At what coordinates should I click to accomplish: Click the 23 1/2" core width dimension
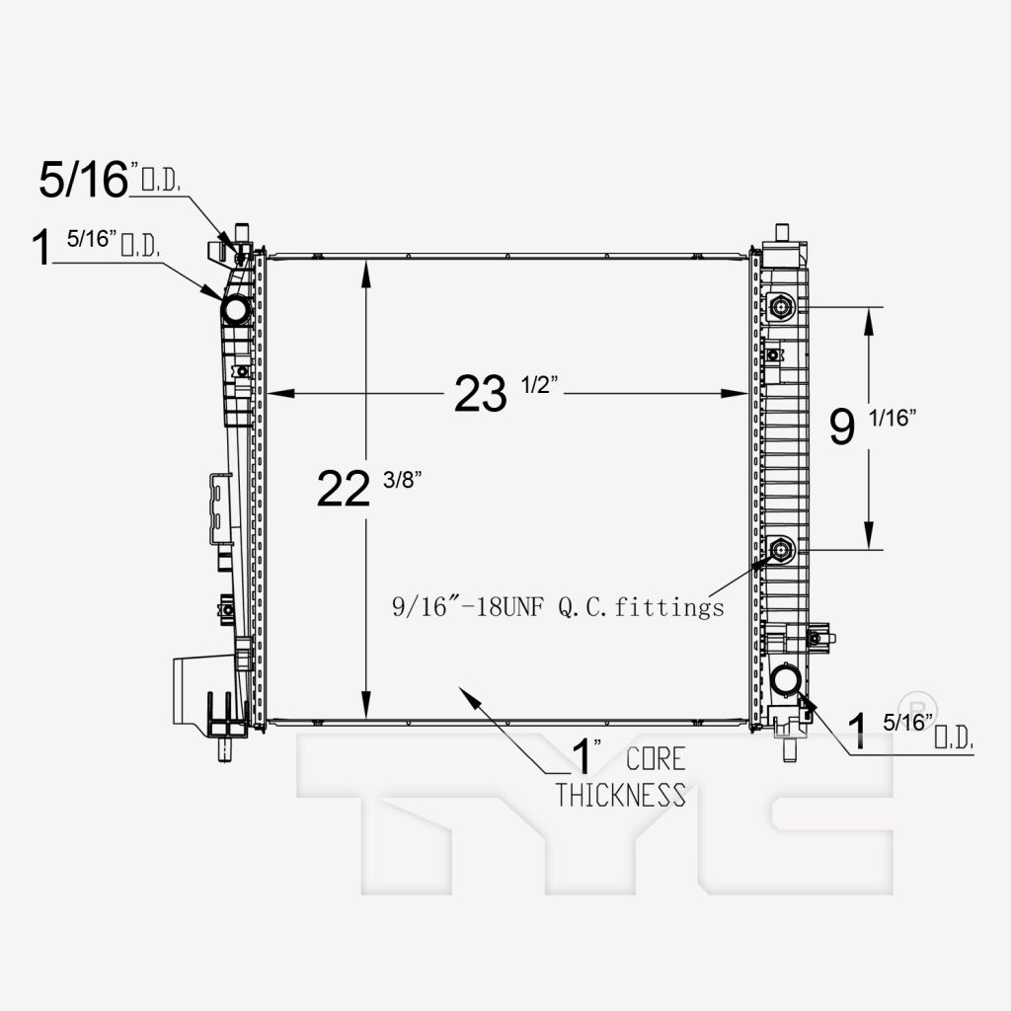[505, 392]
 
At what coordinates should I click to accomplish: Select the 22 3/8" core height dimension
[369, 488]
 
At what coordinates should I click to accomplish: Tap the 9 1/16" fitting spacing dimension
[872, 426]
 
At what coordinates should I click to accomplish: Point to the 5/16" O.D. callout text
[110, 179]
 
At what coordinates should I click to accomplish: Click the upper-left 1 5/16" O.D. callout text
[96, 246]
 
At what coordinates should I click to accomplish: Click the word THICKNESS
[620, 795]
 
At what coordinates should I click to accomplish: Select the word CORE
[656, 759]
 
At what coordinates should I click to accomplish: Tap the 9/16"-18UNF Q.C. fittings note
[559, 607]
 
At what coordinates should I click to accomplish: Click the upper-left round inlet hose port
[235, 309]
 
